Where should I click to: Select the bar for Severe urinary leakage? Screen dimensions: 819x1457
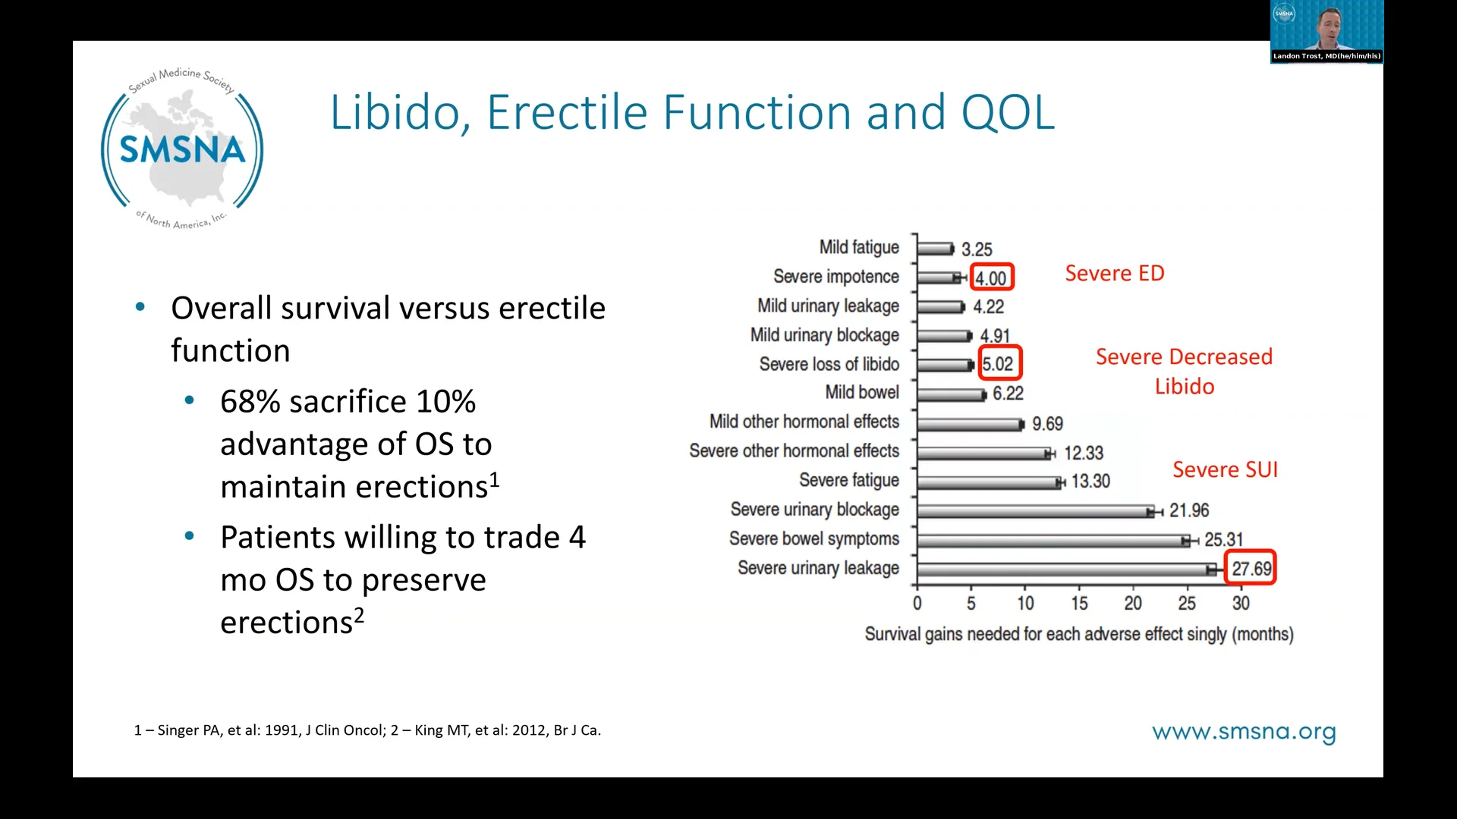pyautogui.click(x=1062, y=569)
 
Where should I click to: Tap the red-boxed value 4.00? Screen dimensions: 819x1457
pyautogui.click(x=991, y=278)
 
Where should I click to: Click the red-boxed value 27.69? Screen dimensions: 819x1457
pyautogui.click(x=1251, y=569)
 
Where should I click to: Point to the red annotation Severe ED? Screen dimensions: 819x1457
pyautogui.click(x=1114, y=273)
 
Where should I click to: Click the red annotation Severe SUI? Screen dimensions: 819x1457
pyautogui.click(x=1225, y=469)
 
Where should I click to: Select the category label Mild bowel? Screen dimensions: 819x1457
pyautogui.click(x=861, y=392)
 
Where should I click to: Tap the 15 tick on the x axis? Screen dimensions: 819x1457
pyautogui.click(x=1079, y=604)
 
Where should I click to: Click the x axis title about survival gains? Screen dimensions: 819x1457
pyautogui.click(x=1078, y=634)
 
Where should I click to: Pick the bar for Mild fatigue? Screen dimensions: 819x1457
pyautogui.click(x=935, y=249)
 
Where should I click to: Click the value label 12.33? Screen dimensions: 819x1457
pyautogui.click(x=1083, y=453)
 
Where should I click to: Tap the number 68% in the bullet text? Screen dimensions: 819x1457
pyautogui.click(x=250, y=402)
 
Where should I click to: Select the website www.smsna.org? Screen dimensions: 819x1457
pyautogui.click(x=1243, y=732)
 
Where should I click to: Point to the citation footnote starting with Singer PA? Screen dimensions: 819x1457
pyautogui.click(x=367, y=730)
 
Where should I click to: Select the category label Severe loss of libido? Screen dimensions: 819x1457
pyautogui.click(x=829, y=364)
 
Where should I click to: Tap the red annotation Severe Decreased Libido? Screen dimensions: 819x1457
pyautogui.click(x=1184, y=371)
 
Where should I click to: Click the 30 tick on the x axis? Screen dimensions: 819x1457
pyautogui.click(x=1241, y=604)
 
